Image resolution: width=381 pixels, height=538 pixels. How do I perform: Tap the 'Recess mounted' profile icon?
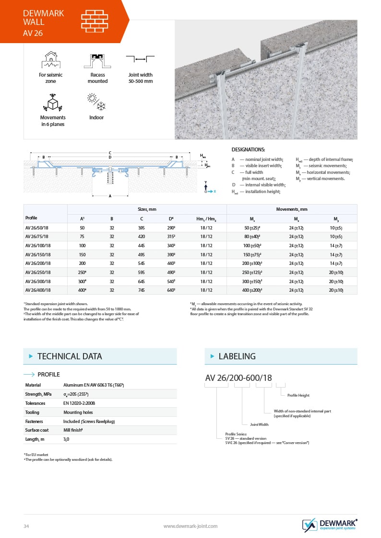click(x=97, y=61)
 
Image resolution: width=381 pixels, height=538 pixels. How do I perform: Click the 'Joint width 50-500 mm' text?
click(x=140, y=78)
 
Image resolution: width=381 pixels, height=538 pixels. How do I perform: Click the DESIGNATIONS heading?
click(x=248, y=150)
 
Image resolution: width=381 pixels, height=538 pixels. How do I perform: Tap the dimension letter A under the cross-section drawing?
click(x=110, y=195)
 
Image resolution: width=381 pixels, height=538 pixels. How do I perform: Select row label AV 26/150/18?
click(x=39, y=254)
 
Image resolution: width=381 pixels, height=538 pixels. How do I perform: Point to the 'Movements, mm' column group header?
click(x=292, y=209)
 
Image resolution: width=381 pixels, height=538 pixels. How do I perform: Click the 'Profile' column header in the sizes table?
click(x=31, y=218)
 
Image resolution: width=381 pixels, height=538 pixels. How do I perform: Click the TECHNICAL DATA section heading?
click(x=70, y=356)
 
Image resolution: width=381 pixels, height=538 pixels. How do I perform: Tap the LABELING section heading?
click(x=237, y=356)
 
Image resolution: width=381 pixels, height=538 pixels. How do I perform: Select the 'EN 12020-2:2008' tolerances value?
click(x=79, y=403)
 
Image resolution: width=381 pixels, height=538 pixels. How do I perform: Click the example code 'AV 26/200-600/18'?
click(x=238, y=378)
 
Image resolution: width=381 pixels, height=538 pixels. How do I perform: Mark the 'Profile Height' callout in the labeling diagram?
click(x=298, y=395)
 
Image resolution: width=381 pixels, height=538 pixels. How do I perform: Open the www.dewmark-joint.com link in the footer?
click(x=190, y=526)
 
